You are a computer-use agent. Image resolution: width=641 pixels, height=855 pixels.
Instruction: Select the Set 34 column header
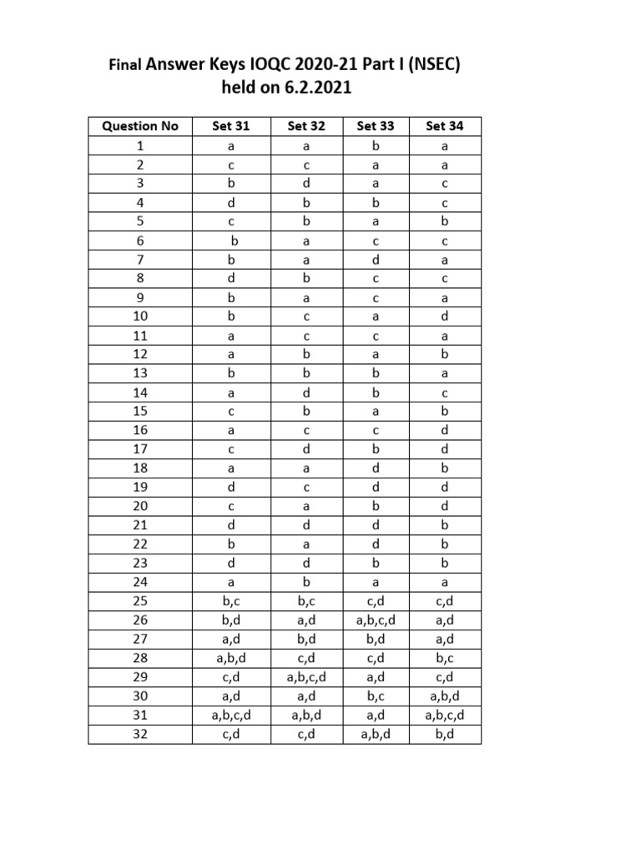tap(445, 126)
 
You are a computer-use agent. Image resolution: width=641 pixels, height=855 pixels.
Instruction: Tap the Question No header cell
tap(140, 126)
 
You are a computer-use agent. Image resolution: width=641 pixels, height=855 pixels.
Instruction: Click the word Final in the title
tap(126, 63)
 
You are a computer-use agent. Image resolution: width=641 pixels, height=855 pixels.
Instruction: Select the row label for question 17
tap(140, 449)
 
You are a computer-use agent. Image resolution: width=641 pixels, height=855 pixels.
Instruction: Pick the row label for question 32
tap(140, 735)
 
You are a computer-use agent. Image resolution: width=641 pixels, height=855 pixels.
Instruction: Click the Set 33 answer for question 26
tap(376, 620)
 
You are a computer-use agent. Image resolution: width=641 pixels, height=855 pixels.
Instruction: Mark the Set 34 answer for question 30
tap(445, 696)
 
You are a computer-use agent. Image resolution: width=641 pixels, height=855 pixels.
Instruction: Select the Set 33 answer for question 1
tap(376, 145)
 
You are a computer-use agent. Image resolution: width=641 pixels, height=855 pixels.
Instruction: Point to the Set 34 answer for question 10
tap(445, 316)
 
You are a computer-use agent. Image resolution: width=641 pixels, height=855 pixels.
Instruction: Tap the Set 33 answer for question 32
tap(376, 735)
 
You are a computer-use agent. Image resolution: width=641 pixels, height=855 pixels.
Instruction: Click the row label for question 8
tap(140, 278)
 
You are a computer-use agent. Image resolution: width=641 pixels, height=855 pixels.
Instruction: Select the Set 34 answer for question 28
tap(445, 658)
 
